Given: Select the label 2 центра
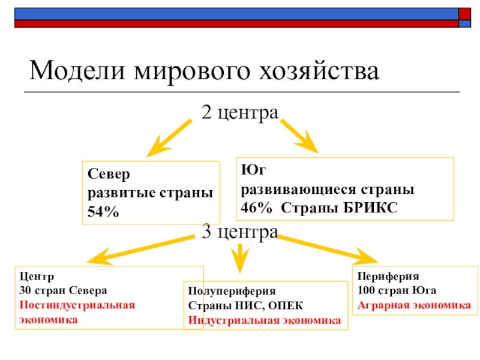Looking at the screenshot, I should [x=240, y=112].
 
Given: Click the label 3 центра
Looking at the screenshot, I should [x=239, y=231].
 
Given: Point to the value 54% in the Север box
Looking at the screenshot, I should [x=103, y=211].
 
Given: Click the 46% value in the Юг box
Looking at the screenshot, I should [x=256, y=207].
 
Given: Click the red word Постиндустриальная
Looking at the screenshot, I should [x=77, y=305].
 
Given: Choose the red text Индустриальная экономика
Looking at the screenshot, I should [x=265, y=319].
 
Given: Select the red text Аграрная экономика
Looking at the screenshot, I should [x=414, y=305].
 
